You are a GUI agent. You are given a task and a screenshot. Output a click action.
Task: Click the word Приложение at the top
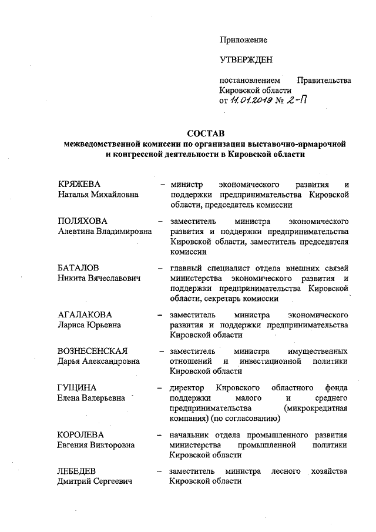pos(243,40)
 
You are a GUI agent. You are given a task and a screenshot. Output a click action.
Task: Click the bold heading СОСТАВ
pos(206,133)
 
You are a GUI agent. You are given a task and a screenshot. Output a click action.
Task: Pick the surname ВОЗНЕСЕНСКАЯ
pos(96,351)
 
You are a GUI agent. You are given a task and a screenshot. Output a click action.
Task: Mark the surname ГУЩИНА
pos(77,388)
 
